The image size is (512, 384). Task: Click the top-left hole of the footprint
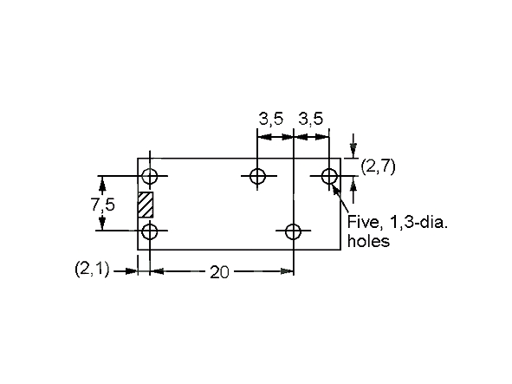coord(150,177)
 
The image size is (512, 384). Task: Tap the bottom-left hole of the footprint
coord(150,231)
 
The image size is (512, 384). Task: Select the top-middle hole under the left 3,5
coord(257,177)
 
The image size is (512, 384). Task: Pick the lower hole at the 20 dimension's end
coord(293,231)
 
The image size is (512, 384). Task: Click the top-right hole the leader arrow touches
coord(329,177)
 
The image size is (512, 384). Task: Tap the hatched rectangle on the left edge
coord(145,205)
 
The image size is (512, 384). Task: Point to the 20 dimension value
coord(220,272)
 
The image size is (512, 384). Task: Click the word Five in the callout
coord(363,222)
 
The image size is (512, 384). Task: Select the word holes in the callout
coord(368,242)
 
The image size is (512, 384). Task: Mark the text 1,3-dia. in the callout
coord(418,222)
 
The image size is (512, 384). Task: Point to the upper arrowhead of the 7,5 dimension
coord(103,181)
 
